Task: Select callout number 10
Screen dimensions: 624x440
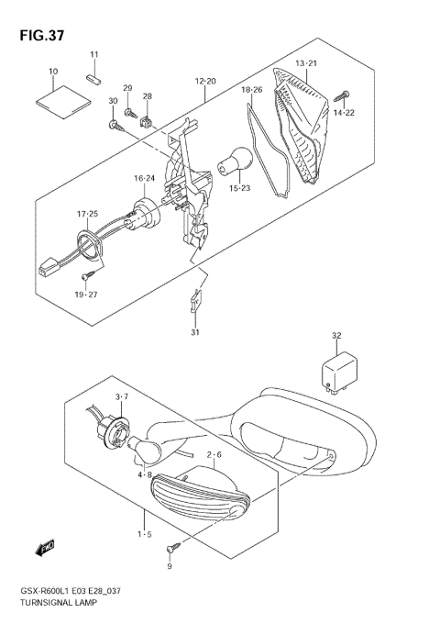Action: click(53, 71)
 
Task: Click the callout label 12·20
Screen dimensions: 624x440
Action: click(205, 82)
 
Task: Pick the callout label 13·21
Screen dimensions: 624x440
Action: click(305, 62)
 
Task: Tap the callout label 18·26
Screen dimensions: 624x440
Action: click(251, 90)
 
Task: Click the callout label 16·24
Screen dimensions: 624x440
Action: click(145, 178)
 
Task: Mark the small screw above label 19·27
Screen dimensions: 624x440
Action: click(86, 275)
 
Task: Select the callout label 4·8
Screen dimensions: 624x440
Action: click(145, 474)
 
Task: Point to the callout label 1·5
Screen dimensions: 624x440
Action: click(145, 533)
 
